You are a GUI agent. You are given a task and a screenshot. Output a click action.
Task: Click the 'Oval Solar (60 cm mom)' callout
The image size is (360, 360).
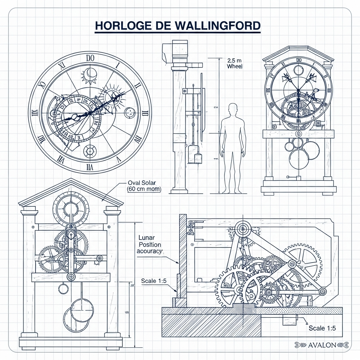[143, 186]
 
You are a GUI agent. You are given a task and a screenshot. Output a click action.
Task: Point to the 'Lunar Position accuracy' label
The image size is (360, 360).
[150, 244]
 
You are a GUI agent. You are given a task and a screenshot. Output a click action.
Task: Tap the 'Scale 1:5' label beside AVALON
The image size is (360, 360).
[322, 328]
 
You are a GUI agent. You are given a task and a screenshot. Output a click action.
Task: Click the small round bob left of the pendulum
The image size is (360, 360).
[63, 289]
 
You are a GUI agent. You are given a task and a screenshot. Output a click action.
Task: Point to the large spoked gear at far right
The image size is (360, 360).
[303, 262]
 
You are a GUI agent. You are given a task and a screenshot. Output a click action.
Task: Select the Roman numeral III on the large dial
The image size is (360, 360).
[146, 113]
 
